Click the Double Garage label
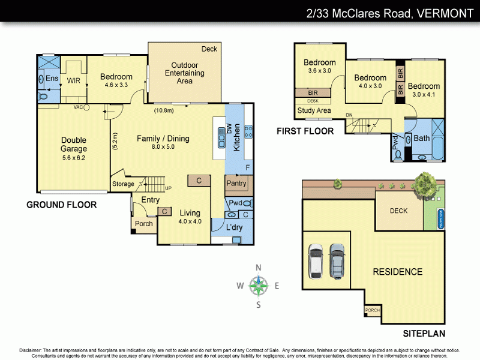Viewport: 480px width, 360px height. [x=74, y=145]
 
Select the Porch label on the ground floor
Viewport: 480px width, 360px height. [x=143, y=224]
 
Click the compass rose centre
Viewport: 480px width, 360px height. [x=259, y=286]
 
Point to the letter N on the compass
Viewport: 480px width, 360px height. [x=259, y=268]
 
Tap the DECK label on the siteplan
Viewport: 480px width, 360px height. [x=398, y=211]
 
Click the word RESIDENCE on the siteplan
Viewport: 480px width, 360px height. [x=397, y=272]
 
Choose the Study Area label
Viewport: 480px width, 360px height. [x=314, y=110]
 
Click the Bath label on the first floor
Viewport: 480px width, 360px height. [x=422, y=138]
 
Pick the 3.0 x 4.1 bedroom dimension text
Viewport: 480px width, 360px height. [x=425, y=94]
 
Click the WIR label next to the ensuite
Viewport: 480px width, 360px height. [x=74, y=80]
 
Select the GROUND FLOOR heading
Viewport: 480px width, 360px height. [x=61, y=205]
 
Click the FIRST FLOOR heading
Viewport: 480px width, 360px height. [x=305, y=131]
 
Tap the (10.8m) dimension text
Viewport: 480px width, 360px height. [x=164, y=110]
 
